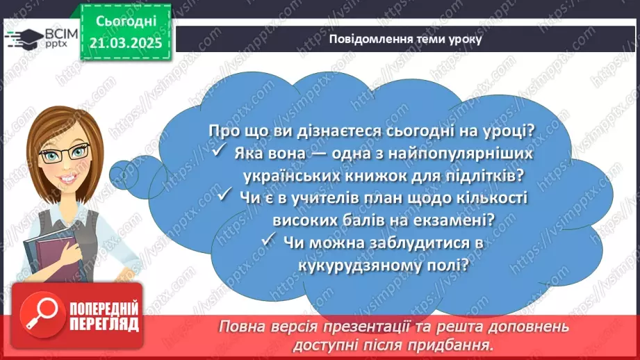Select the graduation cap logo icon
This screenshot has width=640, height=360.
(23, 37)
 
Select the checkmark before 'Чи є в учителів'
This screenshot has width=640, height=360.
(224, 197)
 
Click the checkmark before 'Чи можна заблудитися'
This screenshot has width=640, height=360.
(271, 242)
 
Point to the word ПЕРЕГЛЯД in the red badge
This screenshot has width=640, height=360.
(104, 324)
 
